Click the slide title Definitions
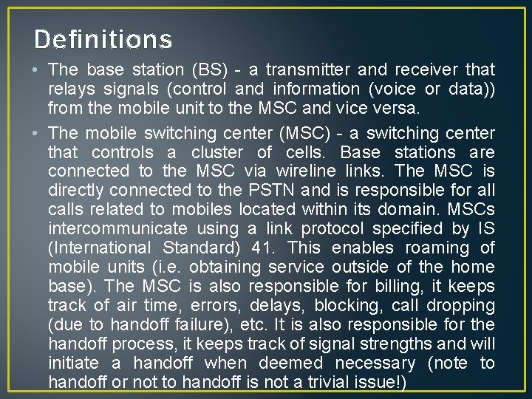(x=103, y=39)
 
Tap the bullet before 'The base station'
(x=37, y=69)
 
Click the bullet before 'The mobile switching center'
(x=37, y=133)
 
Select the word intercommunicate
(x=117, y=229)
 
